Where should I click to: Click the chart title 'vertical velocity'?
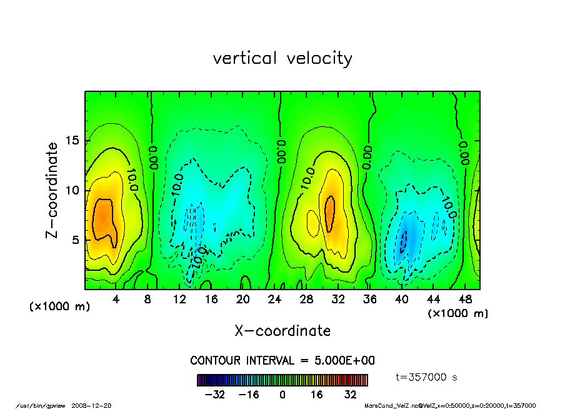click(282, 58)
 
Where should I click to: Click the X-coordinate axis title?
click(282, 330)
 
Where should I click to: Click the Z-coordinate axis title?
click(52, 190)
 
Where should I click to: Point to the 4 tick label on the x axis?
click(116, 299)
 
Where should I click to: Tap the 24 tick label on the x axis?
click(274, 299)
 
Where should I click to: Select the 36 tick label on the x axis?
click(369, 299)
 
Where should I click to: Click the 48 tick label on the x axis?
click(464, 299)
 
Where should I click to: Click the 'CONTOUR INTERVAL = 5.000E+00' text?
click(282, 360)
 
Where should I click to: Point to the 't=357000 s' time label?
click(427, 377)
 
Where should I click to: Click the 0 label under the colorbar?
click(282, 395)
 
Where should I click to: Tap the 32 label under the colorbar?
click(350, 395)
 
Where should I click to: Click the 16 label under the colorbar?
click(316, 395)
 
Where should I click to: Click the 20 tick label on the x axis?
click(242, 299)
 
